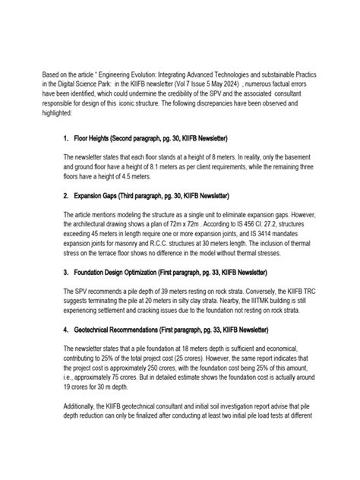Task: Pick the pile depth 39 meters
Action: click(x=159, y=289)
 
